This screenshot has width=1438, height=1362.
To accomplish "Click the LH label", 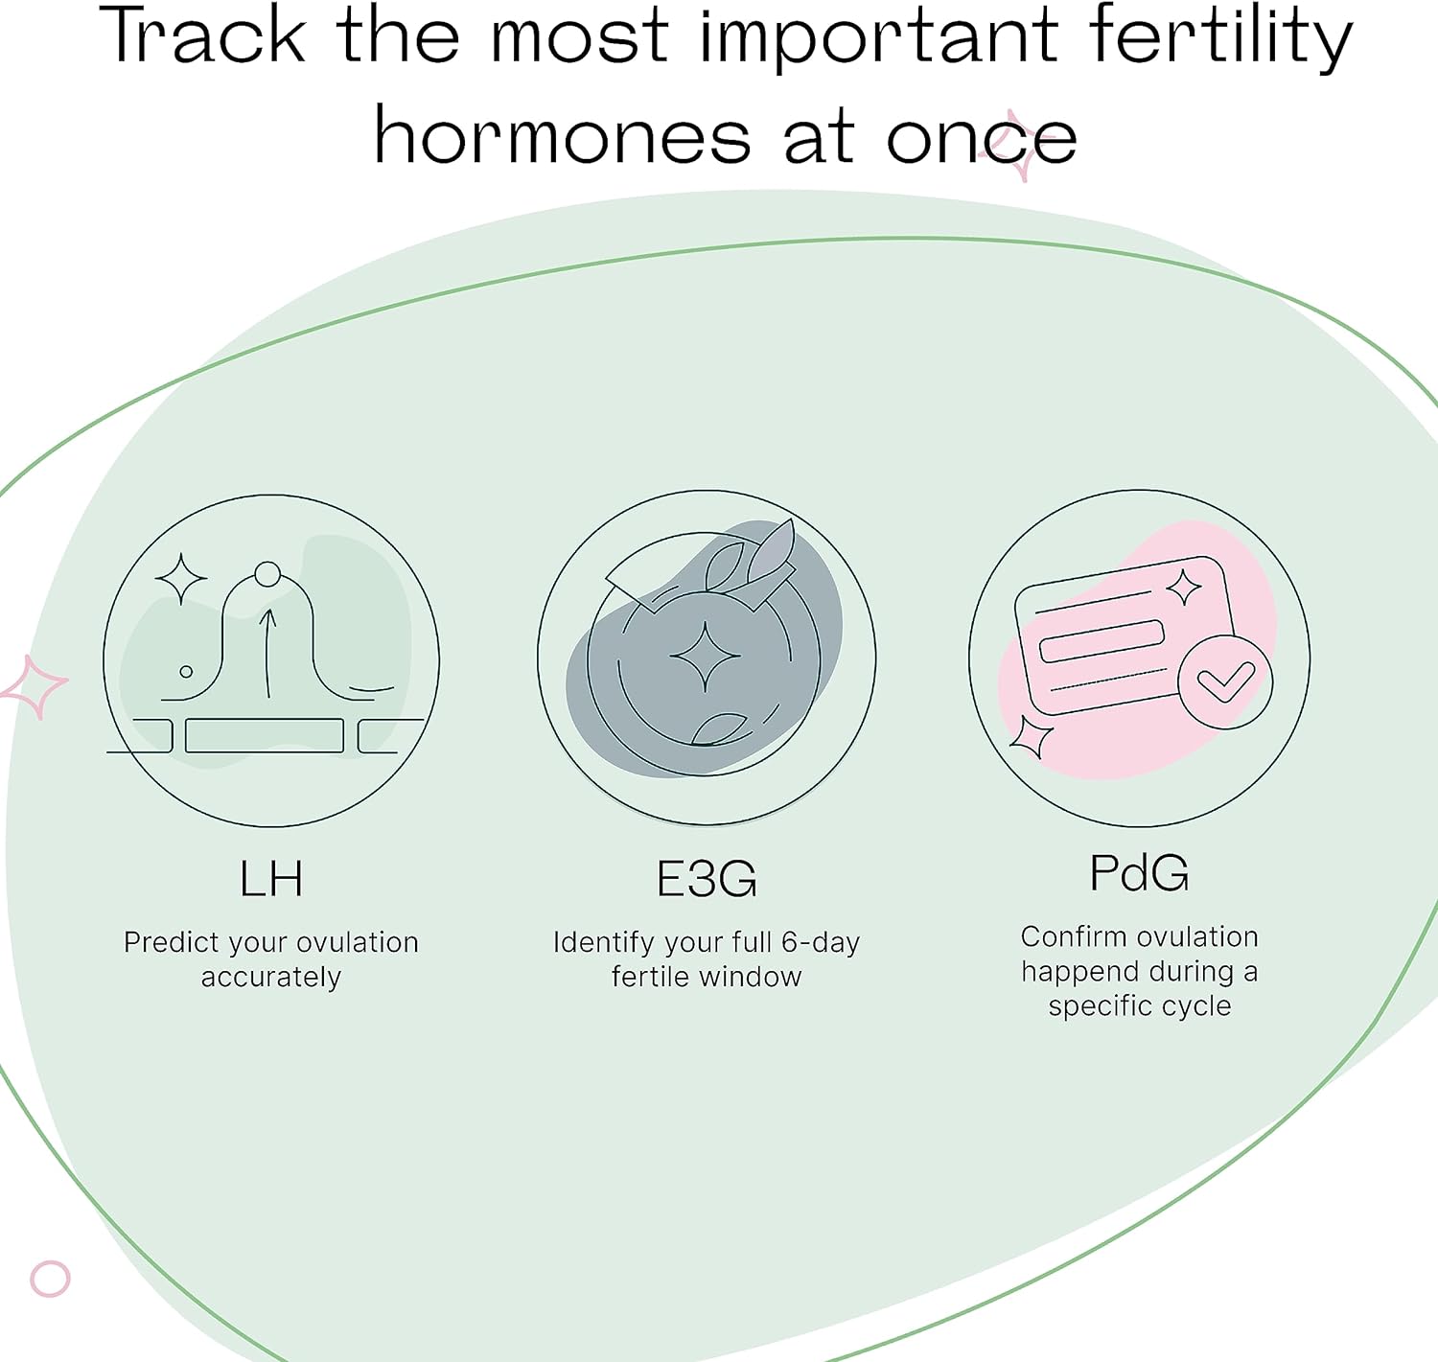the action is (x=270, y=878).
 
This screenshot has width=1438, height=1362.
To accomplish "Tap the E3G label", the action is (x=707, y=879).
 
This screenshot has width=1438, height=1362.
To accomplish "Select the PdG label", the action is (x=1140, y=873).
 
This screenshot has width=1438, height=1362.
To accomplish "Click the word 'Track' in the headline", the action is (x=202, y=35).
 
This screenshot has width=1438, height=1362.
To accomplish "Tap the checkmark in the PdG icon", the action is (x=1225, y=682).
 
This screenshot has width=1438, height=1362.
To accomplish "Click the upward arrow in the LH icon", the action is (x=267, y=654).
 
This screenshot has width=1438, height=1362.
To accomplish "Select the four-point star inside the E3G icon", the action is (x=706, y=657).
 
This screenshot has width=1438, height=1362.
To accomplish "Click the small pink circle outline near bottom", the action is (x=50, y=1279).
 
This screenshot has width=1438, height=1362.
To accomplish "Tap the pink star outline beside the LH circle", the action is (x=34, y=687).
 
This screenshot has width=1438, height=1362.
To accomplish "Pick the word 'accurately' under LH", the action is (x=270, y=978).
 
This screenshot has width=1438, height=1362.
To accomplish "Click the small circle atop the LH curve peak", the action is (x=267, y=574).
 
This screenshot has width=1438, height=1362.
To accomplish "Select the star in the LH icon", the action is (x=180, y=579).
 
